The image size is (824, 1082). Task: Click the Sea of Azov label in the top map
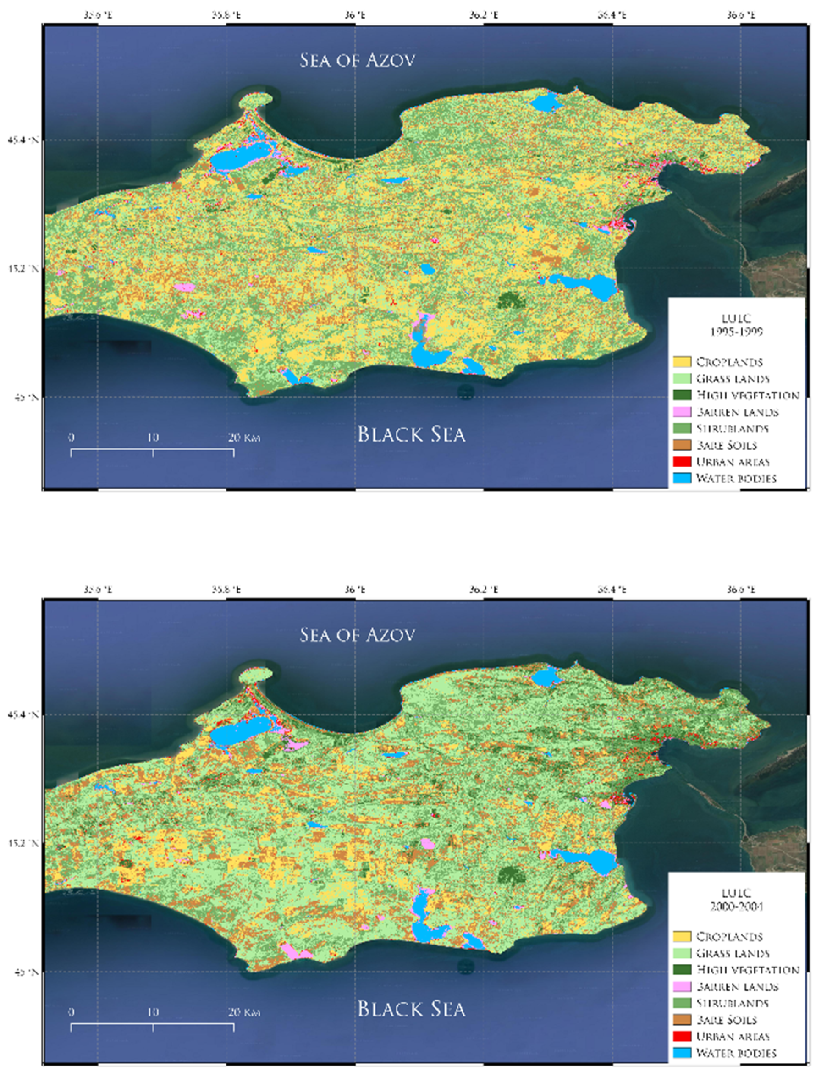(x=357, y=60)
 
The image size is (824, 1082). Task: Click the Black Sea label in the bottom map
(x=411, y=1008)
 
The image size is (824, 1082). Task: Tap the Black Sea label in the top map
(x=411, y=434)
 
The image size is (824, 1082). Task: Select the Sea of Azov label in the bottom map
(x=357, y=634)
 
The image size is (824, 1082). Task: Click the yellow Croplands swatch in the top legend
(x=682, y=362)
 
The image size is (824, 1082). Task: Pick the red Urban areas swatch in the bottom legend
(x=682, y=1036)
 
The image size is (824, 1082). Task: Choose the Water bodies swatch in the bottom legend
(x=682, y=1052)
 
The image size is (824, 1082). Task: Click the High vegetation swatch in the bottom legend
(x=682, y=969)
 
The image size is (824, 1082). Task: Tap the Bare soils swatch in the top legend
(x=682, y=445)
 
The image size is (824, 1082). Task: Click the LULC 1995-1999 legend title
(x=736, y=325)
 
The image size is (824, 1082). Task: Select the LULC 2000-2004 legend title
(x=736, y=900)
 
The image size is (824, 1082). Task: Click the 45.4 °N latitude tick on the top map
(x=22, y=140)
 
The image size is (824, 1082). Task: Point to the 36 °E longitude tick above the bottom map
(x=355, y=589)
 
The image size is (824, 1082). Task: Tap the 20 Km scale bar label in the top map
(x=244, y=437)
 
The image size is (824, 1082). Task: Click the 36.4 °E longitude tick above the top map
(x=612, y=15)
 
